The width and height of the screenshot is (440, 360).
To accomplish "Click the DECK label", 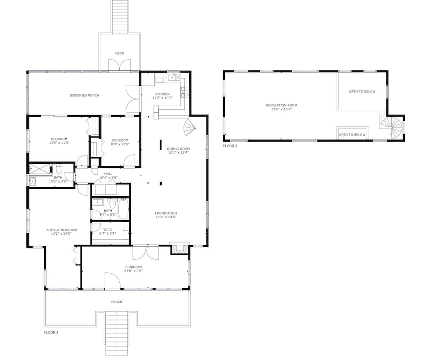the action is click(x=120, y=53).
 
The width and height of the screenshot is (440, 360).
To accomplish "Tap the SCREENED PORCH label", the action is click(x=84, y=96).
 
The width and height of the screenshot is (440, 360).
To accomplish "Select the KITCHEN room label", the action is click(x=162, y=94).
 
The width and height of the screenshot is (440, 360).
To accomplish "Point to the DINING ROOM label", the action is click(x=178, y=149).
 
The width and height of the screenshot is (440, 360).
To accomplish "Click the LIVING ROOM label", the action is click(x=166, y=213).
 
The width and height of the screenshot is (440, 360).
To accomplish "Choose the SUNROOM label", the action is click(x=134, y=267).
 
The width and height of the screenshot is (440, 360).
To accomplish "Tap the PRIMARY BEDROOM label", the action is click(x=61, y=230).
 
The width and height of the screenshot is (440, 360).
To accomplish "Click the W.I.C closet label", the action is click(x=108, y=230).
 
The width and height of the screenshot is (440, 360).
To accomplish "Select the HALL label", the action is click(x=108, y=174).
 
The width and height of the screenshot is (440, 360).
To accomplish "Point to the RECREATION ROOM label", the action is click(x=282, y=106).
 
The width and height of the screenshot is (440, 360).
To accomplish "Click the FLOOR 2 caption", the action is click(x=230, y=146).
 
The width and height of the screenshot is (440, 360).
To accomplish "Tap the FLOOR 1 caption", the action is click(x=51, y=333).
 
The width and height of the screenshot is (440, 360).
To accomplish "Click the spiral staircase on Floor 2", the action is click(x=392, y=127).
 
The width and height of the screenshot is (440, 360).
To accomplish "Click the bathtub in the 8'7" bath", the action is click(x=124, y=209).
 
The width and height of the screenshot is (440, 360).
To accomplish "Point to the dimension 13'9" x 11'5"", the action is click(x=59, y=143).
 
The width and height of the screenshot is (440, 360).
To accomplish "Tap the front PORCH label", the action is click(x=117, y=302).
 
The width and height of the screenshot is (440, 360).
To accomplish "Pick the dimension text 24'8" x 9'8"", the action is click(x=134, y=271).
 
